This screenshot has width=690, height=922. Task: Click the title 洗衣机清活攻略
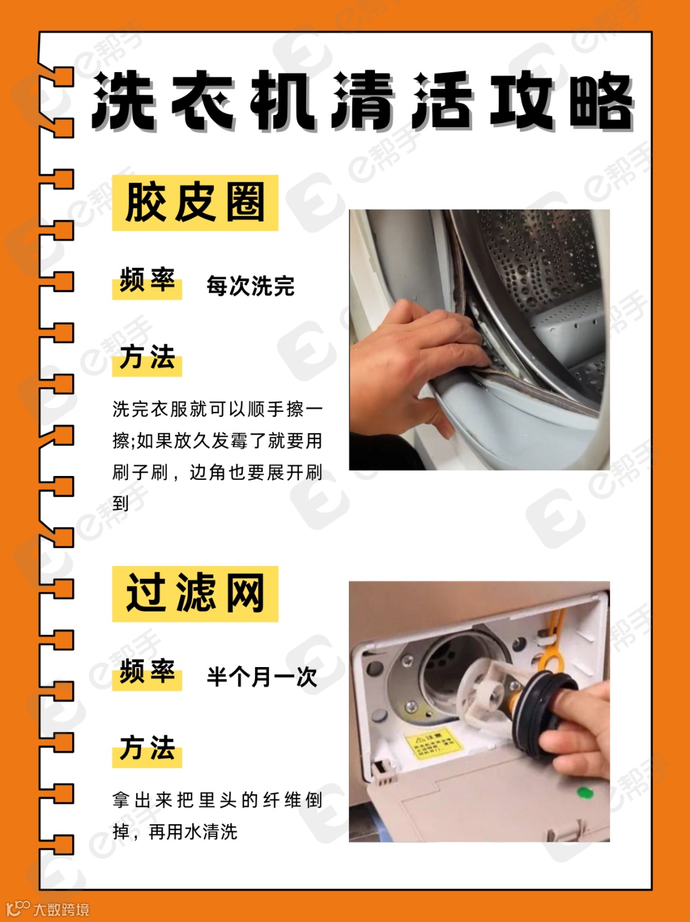362,101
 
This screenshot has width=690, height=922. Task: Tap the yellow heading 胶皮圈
195,203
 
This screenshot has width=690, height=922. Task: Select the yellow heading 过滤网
195,594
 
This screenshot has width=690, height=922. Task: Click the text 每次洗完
250,286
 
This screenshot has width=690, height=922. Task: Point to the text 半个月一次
262,676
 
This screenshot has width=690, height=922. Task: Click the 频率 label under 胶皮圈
147,279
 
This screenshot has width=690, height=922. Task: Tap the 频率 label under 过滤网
147,671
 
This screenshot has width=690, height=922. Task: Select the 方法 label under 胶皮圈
147,357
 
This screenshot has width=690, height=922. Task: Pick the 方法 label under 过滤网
147,748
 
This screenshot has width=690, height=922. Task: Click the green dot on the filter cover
585,792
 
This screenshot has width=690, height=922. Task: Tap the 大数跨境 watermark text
61,909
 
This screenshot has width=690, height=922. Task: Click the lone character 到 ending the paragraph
121,503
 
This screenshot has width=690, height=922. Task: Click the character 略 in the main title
601,101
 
